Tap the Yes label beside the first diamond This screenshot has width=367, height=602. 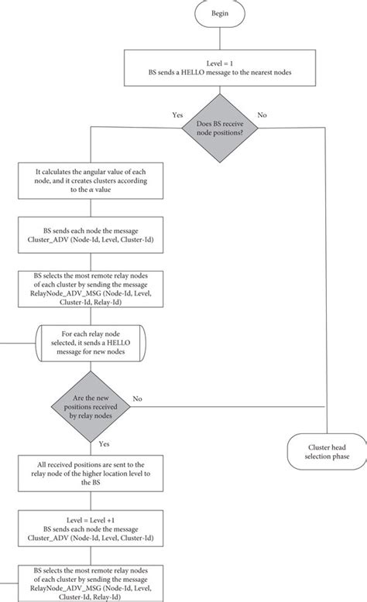point(177,115)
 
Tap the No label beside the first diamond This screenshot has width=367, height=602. point(262,115)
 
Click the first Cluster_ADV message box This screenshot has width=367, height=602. point(92,235)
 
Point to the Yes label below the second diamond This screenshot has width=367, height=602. point(104,444)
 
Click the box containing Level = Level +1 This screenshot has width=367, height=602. point(92,525)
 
